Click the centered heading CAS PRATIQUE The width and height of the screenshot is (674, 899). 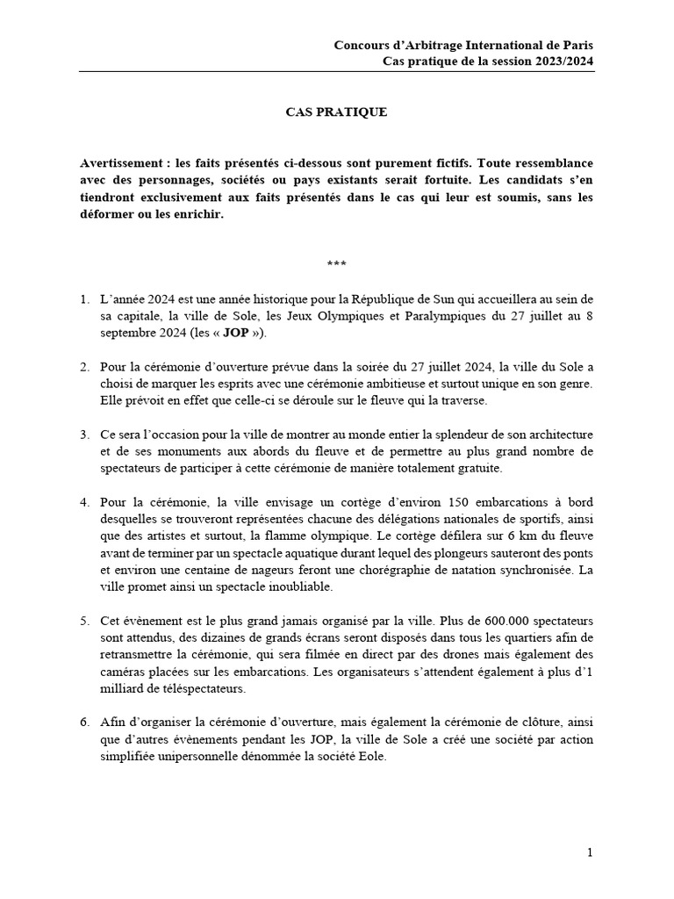(336, 112)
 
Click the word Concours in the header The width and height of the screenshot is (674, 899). (362, 45)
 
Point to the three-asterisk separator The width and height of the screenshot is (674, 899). (336, 263)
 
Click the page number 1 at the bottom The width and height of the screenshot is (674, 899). (590, 852)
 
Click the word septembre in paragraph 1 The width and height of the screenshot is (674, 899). (131, 334)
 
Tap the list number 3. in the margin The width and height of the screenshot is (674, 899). (85, 435)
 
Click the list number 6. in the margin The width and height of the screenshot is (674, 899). (85, 721)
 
